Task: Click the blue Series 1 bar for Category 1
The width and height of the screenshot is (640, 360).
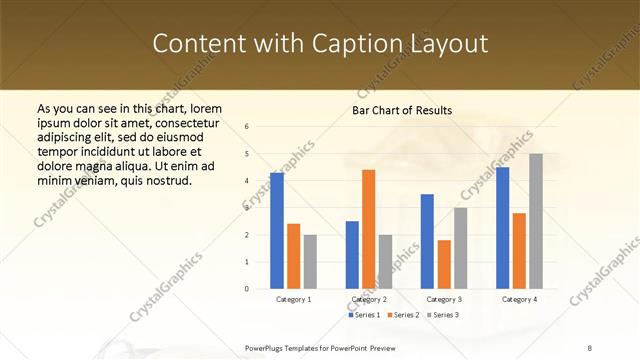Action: pos(277,231)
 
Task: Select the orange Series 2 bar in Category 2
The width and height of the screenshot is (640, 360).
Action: pos(369,229)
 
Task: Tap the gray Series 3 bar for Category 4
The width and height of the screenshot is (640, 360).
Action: pos(536,221)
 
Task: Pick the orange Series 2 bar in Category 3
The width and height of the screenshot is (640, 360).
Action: pos(444,264)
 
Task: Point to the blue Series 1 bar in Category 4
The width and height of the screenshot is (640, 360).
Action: pos(502,228)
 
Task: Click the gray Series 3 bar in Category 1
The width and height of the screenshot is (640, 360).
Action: pos(310,262)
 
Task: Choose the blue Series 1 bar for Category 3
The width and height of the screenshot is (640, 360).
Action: pos(427,241)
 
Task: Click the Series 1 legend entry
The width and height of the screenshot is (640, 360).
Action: pos(364,315)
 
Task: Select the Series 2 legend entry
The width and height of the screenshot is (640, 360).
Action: pos(402,315)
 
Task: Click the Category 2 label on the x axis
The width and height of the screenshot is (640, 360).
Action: pos(369,299)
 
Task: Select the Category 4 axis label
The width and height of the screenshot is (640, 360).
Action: pos(519,299)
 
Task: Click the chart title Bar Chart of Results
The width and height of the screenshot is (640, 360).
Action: pos(402,110)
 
